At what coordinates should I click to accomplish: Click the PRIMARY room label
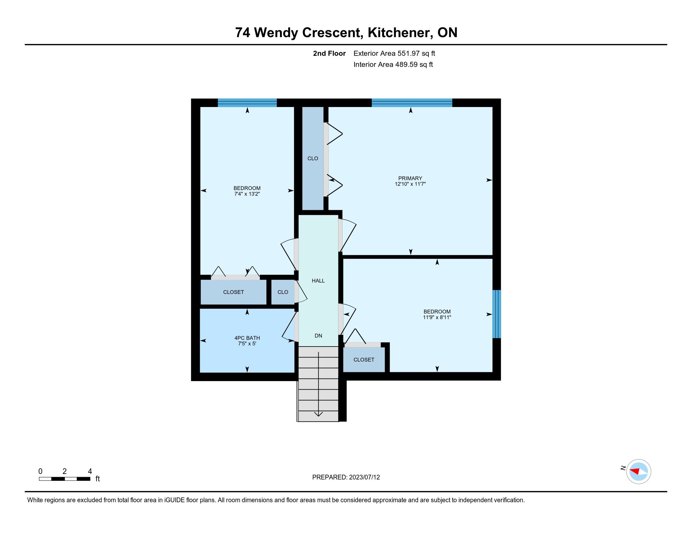pyautogui.click(x=410, y=178)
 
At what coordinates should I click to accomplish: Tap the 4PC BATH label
pyautogui.click(x=247, y=338)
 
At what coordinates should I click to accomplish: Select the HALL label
pyautogui.click(x=318, y=280)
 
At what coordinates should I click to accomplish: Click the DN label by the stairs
pyautogui.click(x=318, y=336)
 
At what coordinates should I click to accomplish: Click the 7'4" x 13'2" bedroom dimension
pyautogui.click(x=247, y=194)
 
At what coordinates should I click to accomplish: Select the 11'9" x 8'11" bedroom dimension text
pyautogui.click(x=437, y=317)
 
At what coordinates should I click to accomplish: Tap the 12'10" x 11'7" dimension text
pyautogui.click(x=410, y=184)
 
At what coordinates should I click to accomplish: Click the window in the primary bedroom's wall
pyautogui.click(x=412, y=103)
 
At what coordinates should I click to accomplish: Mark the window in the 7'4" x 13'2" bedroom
pyautogui.click(x=247, y=103)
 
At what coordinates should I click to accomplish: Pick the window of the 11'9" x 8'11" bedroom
pyautogui.click(x=496, y=314)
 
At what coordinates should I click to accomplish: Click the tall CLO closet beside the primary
pyautogui.click(x=313, y=159)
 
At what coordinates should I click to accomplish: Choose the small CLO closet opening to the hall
pyautogui.click(x=283, y=292)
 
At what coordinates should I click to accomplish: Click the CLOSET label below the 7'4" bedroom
pyautogui.click(x=233, y=292)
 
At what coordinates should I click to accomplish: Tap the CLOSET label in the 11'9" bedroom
pyautogui.click(x=364, y=360)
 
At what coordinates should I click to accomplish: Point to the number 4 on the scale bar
pyautogui.click(x=90, y=471)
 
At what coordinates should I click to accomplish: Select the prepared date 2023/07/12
pyautogui.click(x=364, y=477)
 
